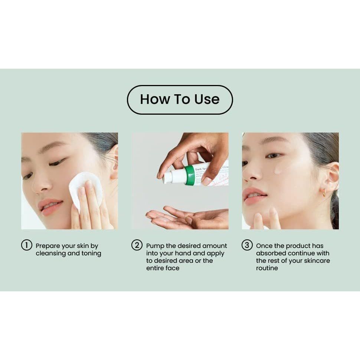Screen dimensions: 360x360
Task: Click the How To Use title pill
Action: [x=180, y=99]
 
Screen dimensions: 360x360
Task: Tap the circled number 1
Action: [x=26, y=245]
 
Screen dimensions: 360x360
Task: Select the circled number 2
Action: [x=137, y=245]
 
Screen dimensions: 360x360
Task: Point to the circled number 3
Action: [x=247, y=245]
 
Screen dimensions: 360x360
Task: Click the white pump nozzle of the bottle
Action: [x=168, y=177]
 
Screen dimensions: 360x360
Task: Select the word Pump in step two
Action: [x=154, y=246]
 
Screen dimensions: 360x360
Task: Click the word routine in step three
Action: [x=267, y=268]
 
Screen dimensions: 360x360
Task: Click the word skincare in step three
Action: [x=315, y=261]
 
